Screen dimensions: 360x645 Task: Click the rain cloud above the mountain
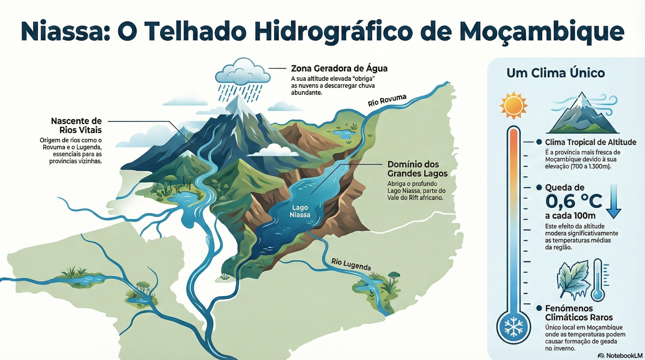point(243,72)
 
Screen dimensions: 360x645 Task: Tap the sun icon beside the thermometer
point(513,106)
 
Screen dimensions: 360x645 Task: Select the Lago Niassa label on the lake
point(300,211)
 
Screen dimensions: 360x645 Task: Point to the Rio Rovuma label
point(387,100)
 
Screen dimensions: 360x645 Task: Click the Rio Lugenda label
point(351,265)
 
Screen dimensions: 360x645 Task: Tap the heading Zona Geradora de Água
point(339,69)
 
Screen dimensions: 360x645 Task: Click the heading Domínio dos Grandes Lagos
point(417,169)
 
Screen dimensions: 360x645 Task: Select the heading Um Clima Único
point(556,73)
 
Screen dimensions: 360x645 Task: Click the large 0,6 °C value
point(573,201)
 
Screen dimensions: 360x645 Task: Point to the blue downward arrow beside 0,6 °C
point(614,202)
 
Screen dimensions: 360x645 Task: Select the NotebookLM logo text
point(624,356)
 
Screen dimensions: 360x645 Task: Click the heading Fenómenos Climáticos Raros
point(578,313)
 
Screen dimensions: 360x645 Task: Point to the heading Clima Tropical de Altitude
point(590,142)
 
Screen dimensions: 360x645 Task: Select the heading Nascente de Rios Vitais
point(76,125)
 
